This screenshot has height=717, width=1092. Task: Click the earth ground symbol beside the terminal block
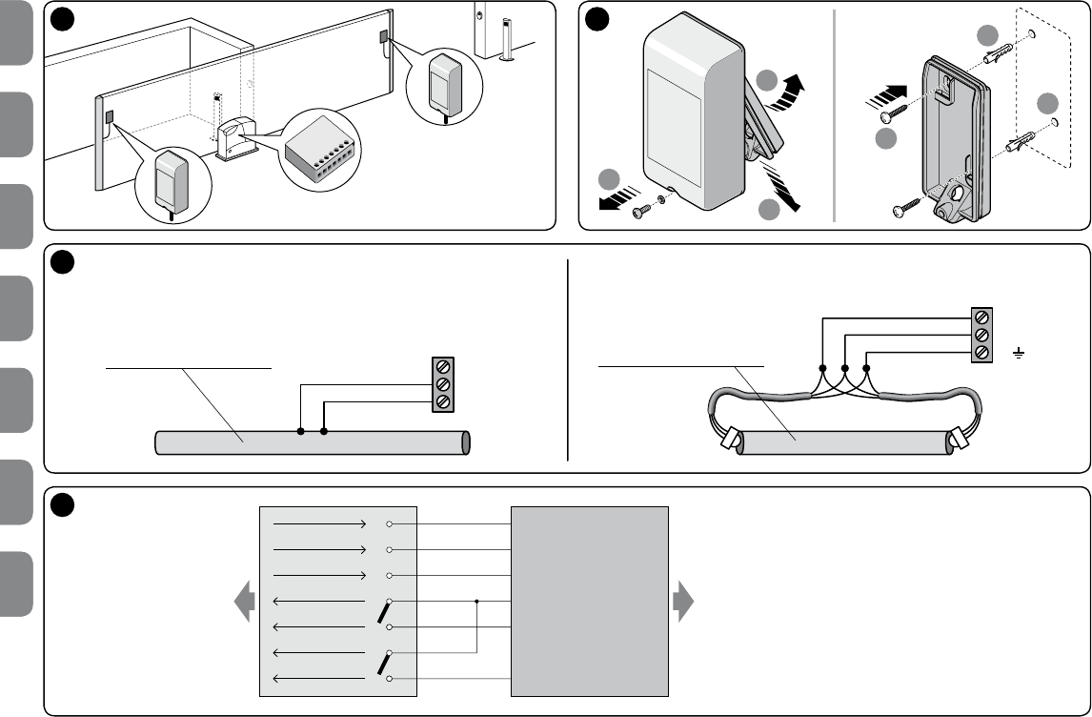[x=1019, y=355]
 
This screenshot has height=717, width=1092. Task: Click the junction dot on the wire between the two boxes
[x=475, y=602]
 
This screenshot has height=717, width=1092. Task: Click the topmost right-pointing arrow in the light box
[x=319, y=524]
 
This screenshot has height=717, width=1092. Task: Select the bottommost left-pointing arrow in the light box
[x=319, y=679]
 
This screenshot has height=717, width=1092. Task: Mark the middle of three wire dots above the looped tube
[x=844, y=368]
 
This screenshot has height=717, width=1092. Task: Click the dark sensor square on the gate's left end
[x=110, y=118]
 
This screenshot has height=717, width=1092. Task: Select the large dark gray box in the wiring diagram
[x=590, y=602]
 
